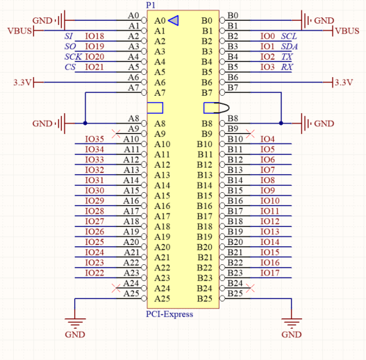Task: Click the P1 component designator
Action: click(151, 5)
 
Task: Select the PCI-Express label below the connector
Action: click(169, 314)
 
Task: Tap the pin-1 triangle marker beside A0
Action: click(174, 21)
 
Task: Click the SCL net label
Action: click(289, 36)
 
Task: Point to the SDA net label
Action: click(289, 46)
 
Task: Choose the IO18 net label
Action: click(94, 36)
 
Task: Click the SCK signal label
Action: click(73, 57)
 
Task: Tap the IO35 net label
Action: click(94, 139)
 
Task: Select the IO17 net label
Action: click(270, 273)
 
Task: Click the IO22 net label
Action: click(94, 273)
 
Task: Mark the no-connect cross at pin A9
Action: click(116, 134)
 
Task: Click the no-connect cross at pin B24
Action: click(250, 288)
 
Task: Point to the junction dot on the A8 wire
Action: click(85, 123)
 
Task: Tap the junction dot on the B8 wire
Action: click(281, 123)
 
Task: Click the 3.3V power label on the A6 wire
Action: click(22, 83)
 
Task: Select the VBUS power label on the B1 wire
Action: click(347, 31)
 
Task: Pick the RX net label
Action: click(287, 67)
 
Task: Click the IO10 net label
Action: click(270, 200)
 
